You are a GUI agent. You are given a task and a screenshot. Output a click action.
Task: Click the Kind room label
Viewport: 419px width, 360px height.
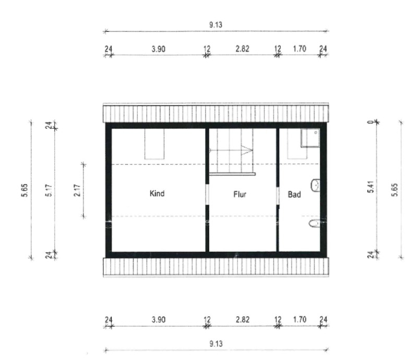pos(157,194)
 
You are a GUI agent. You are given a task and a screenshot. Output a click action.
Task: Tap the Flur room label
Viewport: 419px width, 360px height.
pos(240,194)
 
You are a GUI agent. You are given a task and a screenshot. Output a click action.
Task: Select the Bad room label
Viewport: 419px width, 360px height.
pos(294,194)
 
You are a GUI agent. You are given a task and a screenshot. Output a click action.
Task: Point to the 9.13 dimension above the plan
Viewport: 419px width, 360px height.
pos(216,25)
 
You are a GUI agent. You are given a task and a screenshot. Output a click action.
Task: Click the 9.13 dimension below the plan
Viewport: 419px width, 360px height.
pos(216,343)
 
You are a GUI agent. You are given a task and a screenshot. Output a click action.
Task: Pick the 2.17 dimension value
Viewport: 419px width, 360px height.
pos(77,190)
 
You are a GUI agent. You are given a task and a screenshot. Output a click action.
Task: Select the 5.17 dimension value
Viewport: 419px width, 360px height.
pos(49,190)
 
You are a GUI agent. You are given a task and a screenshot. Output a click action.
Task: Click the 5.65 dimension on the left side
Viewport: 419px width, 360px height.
pos(25,190)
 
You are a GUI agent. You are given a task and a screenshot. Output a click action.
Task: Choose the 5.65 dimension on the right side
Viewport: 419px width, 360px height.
pos(395,190)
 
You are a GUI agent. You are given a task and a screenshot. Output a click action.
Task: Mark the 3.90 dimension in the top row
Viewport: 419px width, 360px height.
pos(159,49)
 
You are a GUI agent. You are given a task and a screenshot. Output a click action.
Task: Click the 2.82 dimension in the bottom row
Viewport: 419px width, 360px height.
pos(243,320)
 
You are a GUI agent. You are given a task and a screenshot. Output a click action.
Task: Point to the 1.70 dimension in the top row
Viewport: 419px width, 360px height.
pos(300,49)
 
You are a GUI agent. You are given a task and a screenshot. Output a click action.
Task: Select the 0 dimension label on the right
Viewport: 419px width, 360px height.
pos(370,122)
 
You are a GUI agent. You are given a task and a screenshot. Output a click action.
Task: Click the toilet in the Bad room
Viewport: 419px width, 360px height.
pos(314,223)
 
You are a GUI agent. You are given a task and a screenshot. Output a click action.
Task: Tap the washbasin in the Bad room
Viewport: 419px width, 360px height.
pos(315,185)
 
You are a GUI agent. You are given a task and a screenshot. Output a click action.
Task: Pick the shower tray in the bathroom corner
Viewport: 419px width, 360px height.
pos(310,138)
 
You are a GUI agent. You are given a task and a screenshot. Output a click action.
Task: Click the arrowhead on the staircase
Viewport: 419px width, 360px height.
pos(247,150)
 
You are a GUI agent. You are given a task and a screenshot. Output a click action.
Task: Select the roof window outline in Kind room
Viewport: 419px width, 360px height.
pos(154,144)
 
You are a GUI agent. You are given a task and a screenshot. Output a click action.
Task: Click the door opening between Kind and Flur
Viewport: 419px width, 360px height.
pos(207,194)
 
